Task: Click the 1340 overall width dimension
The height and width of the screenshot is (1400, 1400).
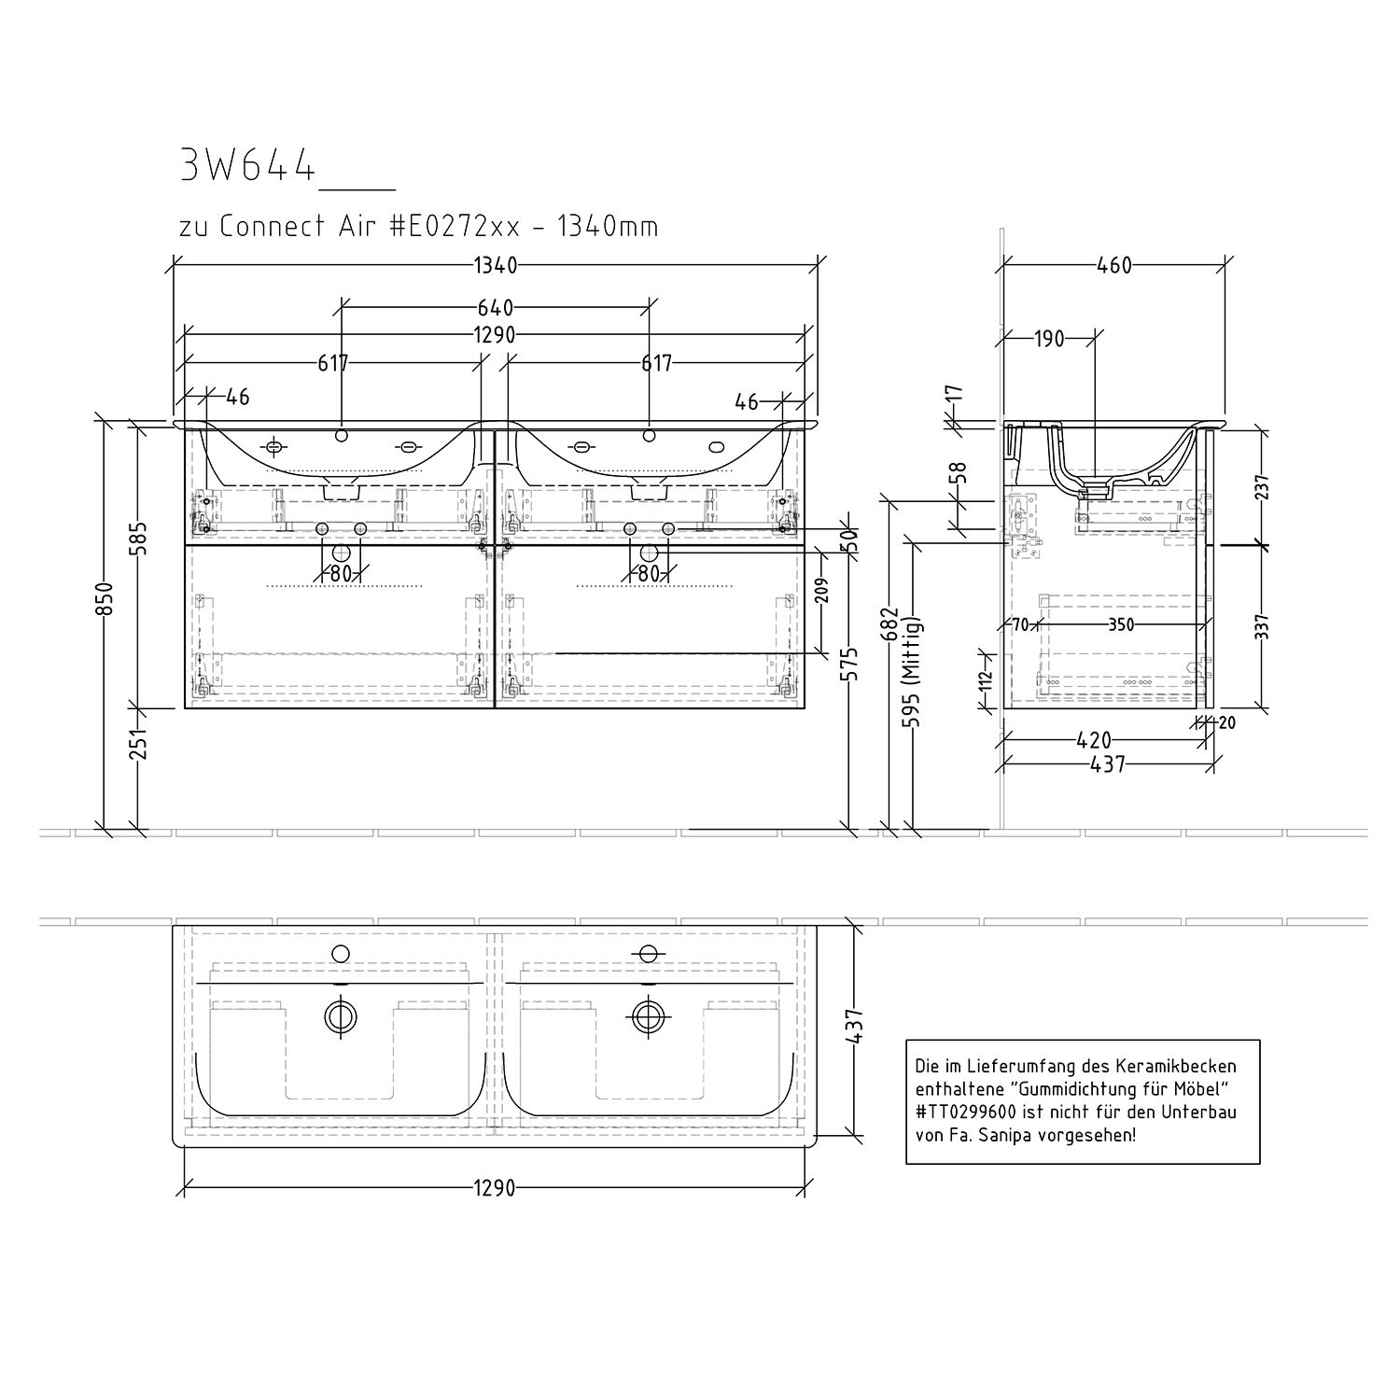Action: click(x=495, y=266)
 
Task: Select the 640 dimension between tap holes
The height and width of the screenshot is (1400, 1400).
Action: click(x=496, y=307)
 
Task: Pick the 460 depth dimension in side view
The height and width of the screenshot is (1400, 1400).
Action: click(x=1113, y=266)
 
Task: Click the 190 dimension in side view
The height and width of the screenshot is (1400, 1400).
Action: click(x=1049, y=339)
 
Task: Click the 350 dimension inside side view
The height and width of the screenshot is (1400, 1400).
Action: click(x=1121, y=625)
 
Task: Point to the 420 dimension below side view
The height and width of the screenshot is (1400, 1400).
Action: click(x=1093, y=741)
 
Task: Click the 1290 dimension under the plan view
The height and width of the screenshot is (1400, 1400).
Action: click(x=494, y=1188)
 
